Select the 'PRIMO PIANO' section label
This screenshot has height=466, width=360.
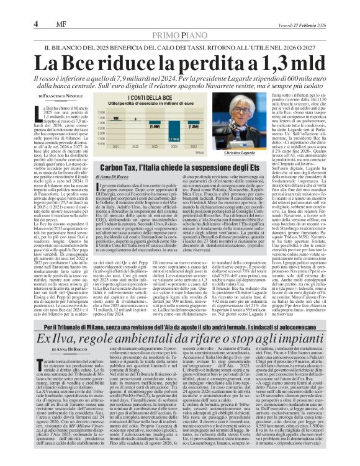pos(179,19)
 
